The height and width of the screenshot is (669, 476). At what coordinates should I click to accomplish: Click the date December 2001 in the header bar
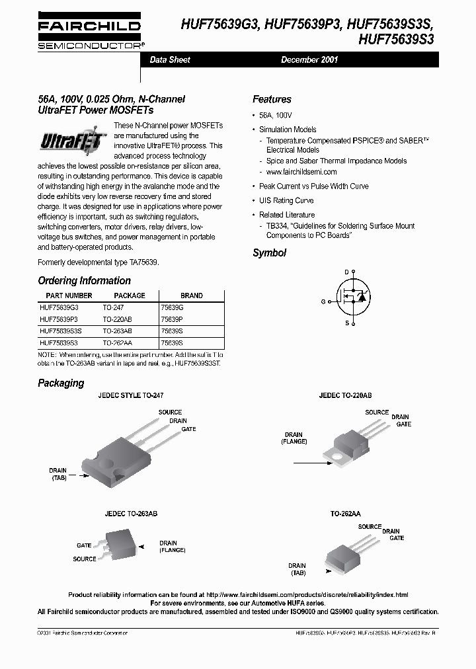tap(309, 59)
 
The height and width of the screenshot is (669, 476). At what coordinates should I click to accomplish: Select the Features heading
tap(272, 99)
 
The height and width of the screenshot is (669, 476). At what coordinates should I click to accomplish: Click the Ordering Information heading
tap(84, 280)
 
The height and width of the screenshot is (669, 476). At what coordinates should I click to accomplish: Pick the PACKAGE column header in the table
tap(129, 295)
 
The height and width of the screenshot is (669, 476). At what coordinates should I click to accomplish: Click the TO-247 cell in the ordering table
tap(113, 307)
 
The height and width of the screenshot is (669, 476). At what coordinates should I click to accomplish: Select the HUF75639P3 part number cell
tap(59, 319)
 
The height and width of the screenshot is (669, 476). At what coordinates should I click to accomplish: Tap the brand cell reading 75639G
tap(172, 307)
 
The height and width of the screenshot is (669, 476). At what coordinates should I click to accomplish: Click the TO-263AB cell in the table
tap(117, 330)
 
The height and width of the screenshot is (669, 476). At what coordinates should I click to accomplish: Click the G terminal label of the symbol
tap(323, 301)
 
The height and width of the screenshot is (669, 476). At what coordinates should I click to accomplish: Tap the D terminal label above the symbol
tap(346, 272)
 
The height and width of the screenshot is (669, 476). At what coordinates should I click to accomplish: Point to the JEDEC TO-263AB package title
tap(130, 513)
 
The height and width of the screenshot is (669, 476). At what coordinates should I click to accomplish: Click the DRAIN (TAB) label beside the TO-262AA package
tap(297, 569)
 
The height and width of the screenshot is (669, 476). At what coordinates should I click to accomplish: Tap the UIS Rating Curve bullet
tap(286, 200)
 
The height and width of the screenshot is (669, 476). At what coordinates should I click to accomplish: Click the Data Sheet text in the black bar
tap(170, 59)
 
